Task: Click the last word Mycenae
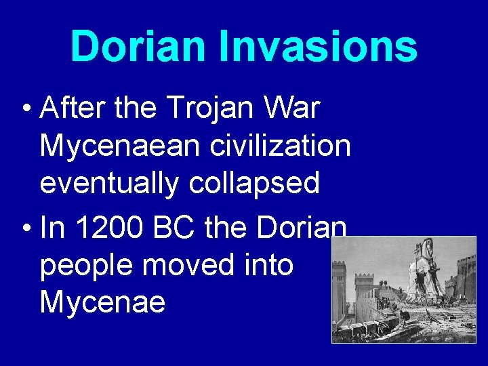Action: [102, 302]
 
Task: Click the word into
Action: [271, 266]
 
